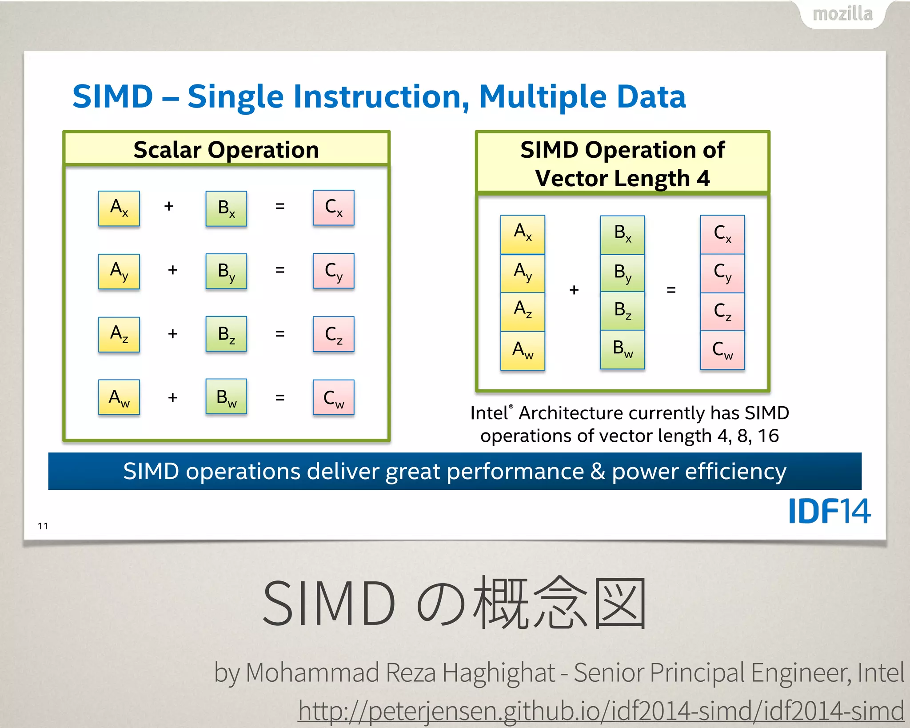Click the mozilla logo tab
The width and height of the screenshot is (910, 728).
click(x=842, y=14)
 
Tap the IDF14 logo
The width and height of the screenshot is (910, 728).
click(x=829, y=511)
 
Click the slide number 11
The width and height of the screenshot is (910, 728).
click(x=43, y=526)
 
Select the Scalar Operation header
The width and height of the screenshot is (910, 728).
click(x=226, y=149)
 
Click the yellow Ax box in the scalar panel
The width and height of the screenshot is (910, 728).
click(x=119, y=208)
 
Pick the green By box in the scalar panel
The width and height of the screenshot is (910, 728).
click(x=226, y=271)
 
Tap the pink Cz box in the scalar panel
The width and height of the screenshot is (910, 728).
click(x=333, y=334)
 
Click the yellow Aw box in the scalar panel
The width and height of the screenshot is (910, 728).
click(x=119, y=397)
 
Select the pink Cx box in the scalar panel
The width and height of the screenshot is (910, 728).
click(x=333, y=208)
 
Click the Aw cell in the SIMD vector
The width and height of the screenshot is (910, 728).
click(x=523, y=350)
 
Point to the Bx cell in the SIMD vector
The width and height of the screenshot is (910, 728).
click(x=622, y=234)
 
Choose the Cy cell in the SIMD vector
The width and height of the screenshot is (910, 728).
click(x=722, y=273)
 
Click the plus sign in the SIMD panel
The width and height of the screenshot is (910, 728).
click(x=574, y=290)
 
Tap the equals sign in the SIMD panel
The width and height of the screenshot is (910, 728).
click(x=671, y=290)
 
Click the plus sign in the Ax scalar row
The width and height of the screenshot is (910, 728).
click(x=168, y=206)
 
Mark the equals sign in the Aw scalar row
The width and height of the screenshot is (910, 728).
click(x=279, y=397)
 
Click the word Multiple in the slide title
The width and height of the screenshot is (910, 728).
click(x=543, y=96)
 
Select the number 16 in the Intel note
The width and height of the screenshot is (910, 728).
click(x=768, y=436)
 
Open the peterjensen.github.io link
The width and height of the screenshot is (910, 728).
click(x=601, y=710)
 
